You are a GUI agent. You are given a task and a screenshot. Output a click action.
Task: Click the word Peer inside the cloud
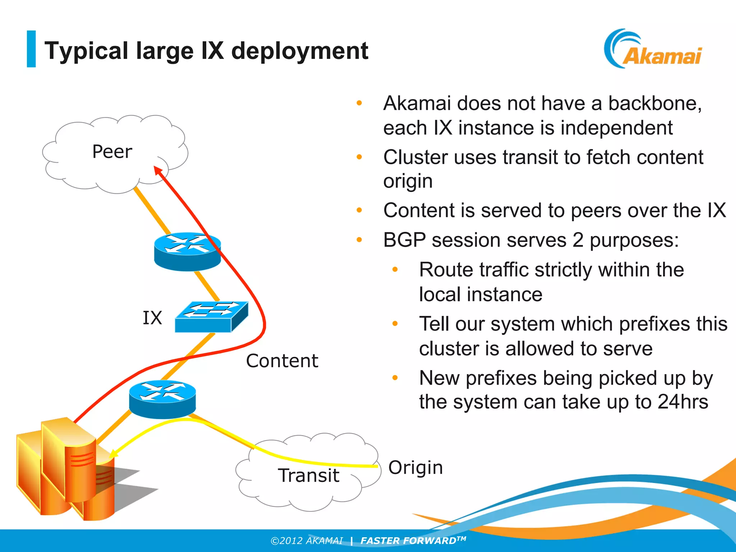tap(112, 152)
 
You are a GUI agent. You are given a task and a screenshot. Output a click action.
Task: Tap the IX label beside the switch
tap(152, 318)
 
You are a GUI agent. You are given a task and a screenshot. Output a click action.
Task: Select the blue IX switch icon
tap(211, 317)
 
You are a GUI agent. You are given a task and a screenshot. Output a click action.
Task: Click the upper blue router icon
tap(187, 252)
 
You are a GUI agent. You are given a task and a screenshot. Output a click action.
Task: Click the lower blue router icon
tap(162, 399)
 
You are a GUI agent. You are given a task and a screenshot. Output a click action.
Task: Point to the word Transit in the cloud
tap(308, 475)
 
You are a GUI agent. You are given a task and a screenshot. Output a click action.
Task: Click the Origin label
tap(415, 468)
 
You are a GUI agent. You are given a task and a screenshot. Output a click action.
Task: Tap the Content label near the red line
tap(282, 361)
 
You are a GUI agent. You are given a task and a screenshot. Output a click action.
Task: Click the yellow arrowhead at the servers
tap(114, 454)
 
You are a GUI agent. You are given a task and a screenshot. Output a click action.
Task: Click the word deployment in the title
tap(300, 51)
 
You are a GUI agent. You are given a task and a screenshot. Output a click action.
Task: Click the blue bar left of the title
tap(31, 49)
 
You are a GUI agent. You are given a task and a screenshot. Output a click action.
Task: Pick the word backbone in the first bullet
tap(654, 103)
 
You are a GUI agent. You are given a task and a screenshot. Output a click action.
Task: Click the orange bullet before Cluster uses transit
tap(359, 157)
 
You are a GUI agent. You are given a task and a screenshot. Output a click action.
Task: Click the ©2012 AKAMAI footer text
tap(307, 541)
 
